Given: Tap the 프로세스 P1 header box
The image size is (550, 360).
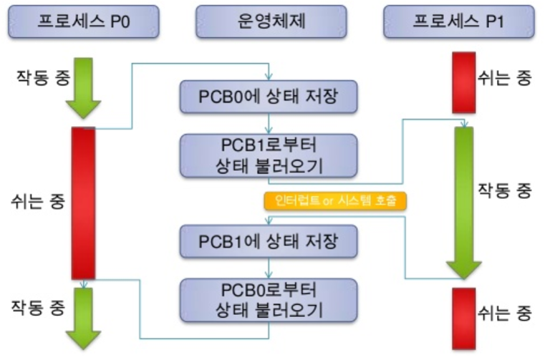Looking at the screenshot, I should [x=458, y=22].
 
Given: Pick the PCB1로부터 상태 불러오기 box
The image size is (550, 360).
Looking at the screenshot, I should [x=268, y=154].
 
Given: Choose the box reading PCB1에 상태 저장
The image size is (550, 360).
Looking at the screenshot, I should [x=268, y=239].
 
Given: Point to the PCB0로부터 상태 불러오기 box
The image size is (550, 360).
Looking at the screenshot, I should [x=268, y=300].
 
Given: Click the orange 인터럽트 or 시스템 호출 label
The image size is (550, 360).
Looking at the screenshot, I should [x=335, y=201].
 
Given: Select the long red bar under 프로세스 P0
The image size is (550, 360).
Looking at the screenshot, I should [x=84, y=203].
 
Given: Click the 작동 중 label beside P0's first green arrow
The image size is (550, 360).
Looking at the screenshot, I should [x=37, y=77].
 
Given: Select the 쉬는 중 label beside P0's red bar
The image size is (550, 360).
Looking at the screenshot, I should [x=37, y=200].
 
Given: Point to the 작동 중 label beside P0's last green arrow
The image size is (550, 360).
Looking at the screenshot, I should [x=37, y=308].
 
